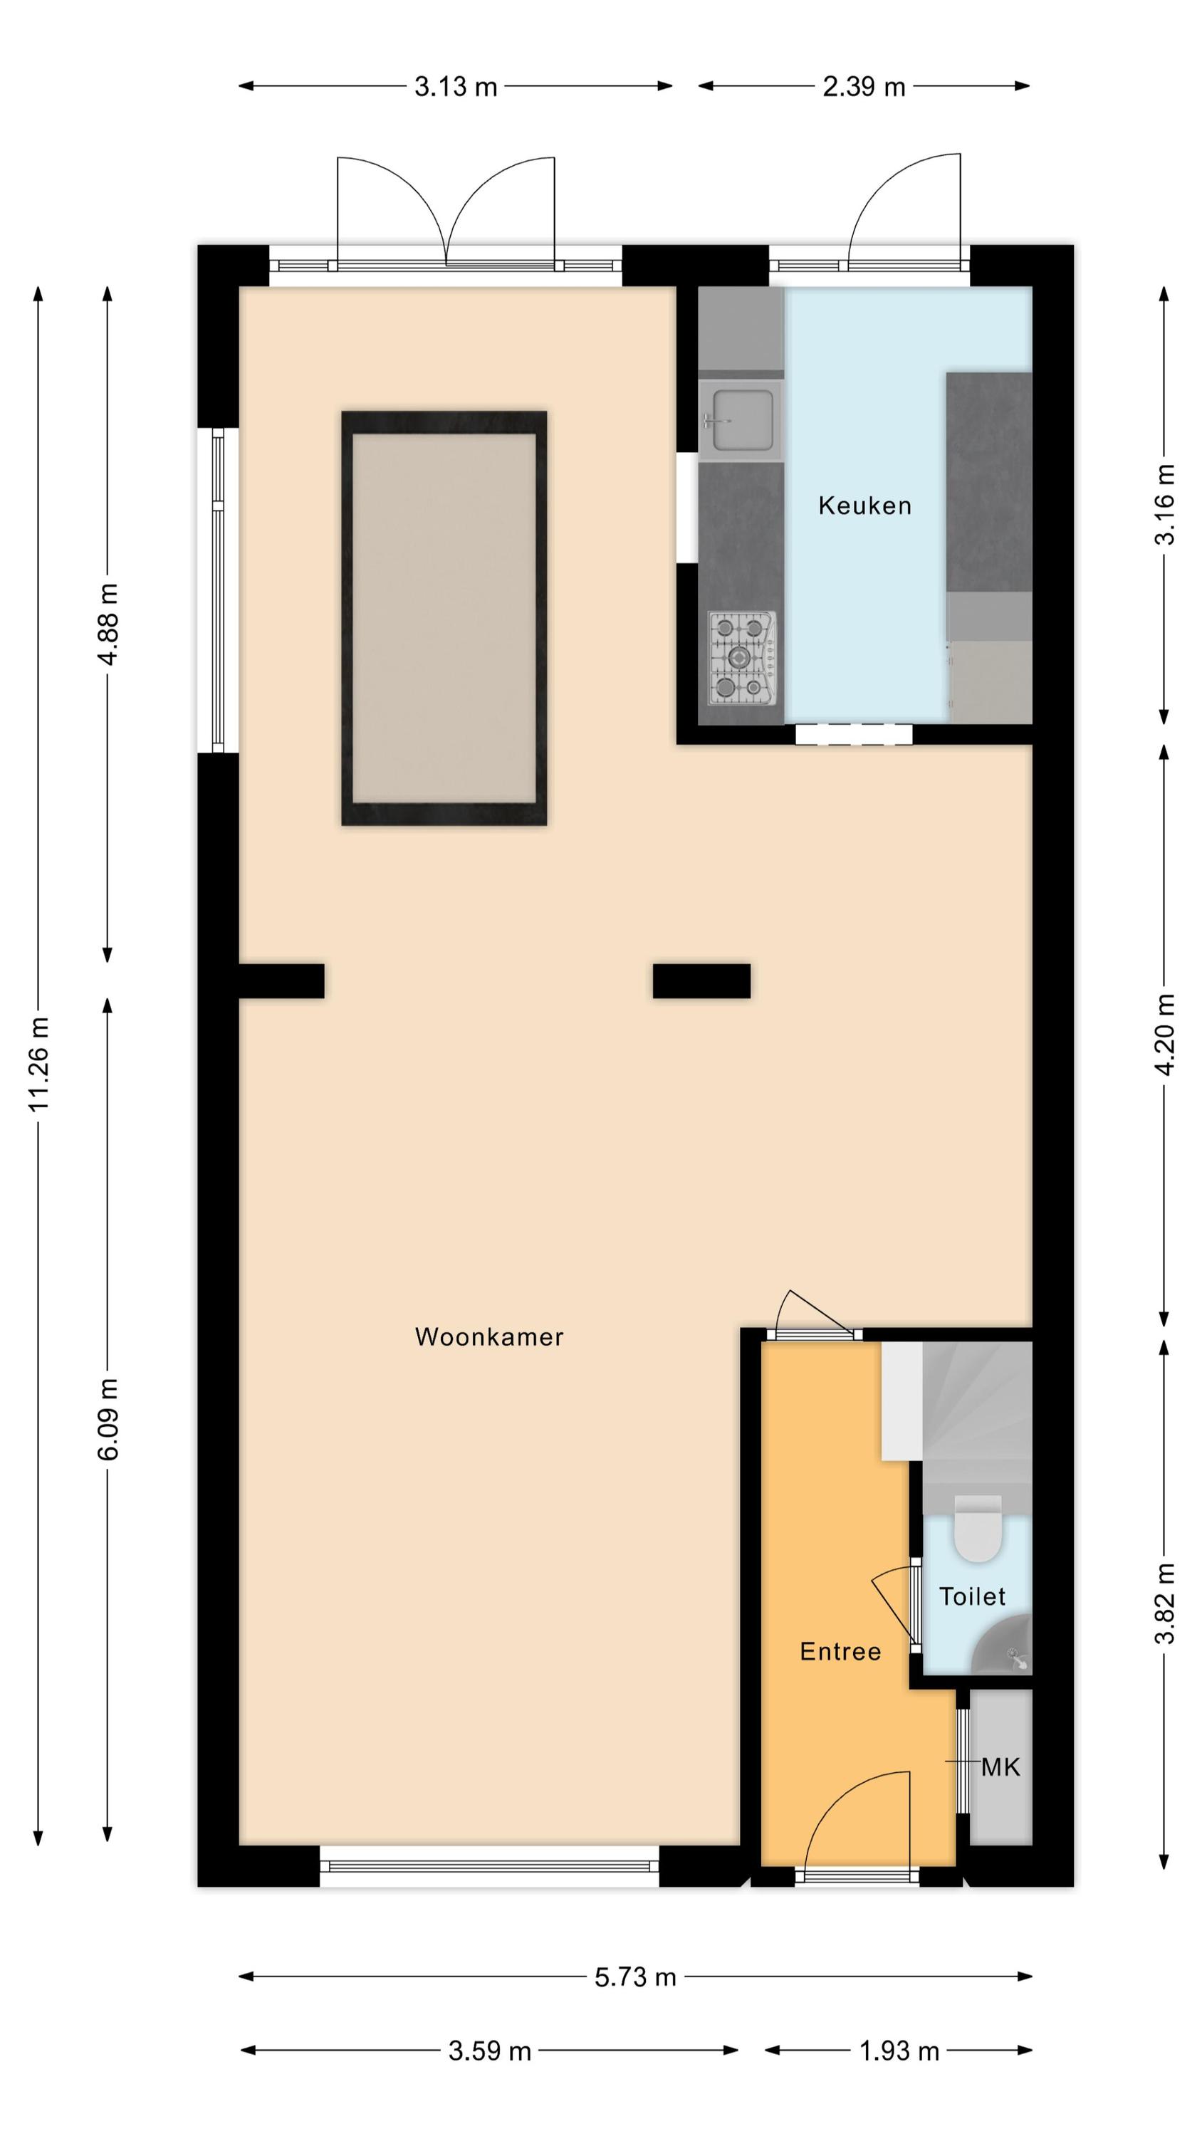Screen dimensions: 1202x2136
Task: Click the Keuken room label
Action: click(x=864, y=505)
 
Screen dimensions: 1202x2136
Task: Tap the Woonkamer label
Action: click(x=488, y=1336)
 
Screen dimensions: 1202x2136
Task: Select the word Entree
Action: click(x=840, y=1651)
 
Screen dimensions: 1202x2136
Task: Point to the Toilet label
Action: click(x=971, y=1596)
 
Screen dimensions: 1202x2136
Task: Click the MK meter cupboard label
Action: click(x=1000, y=1767)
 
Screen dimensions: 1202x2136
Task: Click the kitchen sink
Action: click(x=740, y=420)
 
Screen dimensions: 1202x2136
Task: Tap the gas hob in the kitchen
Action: click(x=741, y=658)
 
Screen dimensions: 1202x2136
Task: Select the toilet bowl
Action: click(x=977, y=1528)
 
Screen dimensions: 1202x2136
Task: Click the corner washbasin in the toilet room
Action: click(x=1005, y=1647)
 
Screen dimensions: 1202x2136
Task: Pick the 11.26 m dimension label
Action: click(x=39, y=1064)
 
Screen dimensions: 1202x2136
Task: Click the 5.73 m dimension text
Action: click(x=635, y=1977)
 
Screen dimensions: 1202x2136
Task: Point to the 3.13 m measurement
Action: click(x=456, y=86)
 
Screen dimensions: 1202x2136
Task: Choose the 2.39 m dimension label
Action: click(x=864, y=86)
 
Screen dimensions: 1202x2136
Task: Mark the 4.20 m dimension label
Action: click(x=1165, y=1035)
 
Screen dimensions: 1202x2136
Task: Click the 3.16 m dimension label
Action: click(x=1165, y=504)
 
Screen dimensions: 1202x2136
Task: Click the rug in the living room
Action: click(x=444, y=618)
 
